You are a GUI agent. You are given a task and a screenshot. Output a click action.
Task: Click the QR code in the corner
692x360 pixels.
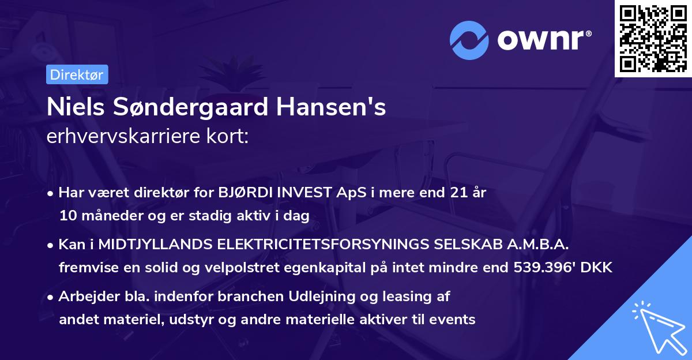[653, 39]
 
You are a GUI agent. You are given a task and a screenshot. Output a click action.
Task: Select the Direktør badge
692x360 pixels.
[77, 74]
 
